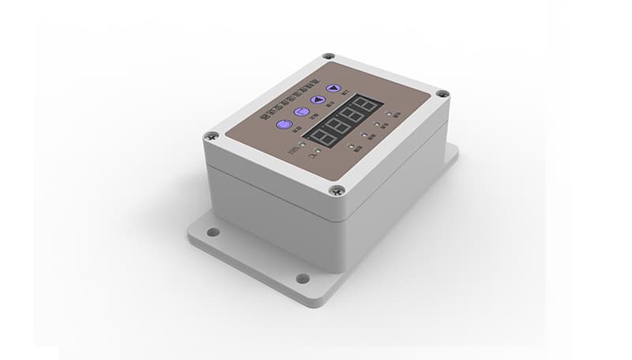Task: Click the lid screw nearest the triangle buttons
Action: tap(329, 57)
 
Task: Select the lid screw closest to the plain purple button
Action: tap(211, 136)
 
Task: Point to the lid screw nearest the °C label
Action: tap(337, 189)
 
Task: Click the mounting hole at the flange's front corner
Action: tap(302, 278)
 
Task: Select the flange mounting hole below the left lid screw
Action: tap(212, 232)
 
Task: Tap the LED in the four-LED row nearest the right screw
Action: tap(388, 113)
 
